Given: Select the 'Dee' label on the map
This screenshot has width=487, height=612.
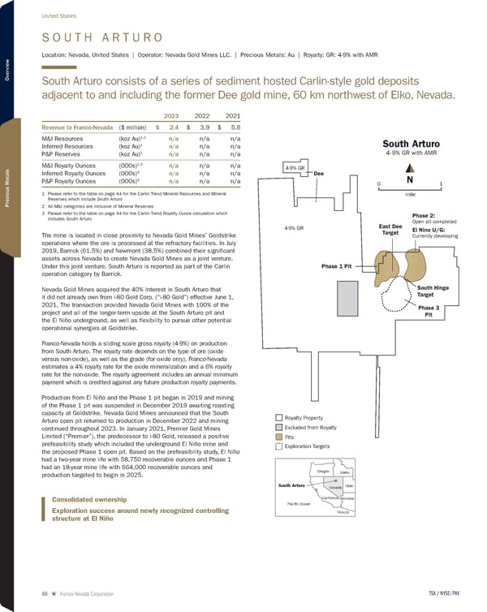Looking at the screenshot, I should pyautogui.click(x=318, y=172).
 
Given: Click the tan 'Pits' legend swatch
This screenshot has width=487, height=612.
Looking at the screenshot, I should pyautogui.click(x=278, y=437).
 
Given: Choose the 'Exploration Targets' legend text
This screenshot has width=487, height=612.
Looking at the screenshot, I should pyautogui.click(x=308, y=446).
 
